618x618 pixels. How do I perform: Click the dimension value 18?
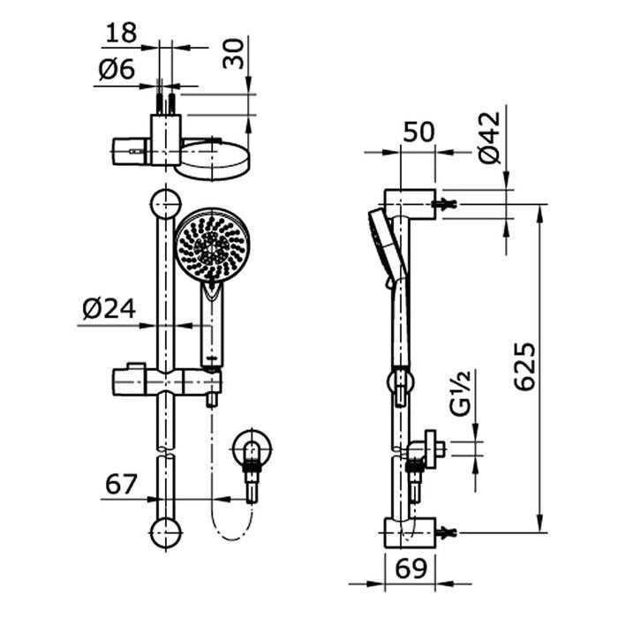121,34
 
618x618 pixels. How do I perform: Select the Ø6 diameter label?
116,71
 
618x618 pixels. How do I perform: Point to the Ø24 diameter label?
109,309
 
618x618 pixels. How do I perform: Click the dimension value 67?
122,484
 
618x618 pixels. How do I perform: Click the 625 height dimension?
524,366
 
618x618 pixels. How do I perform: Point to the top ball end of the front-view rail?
165,205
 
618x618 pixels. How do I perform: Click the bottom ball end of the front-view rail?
165,531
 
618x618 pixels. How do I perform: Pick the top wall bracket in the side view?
411,203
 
